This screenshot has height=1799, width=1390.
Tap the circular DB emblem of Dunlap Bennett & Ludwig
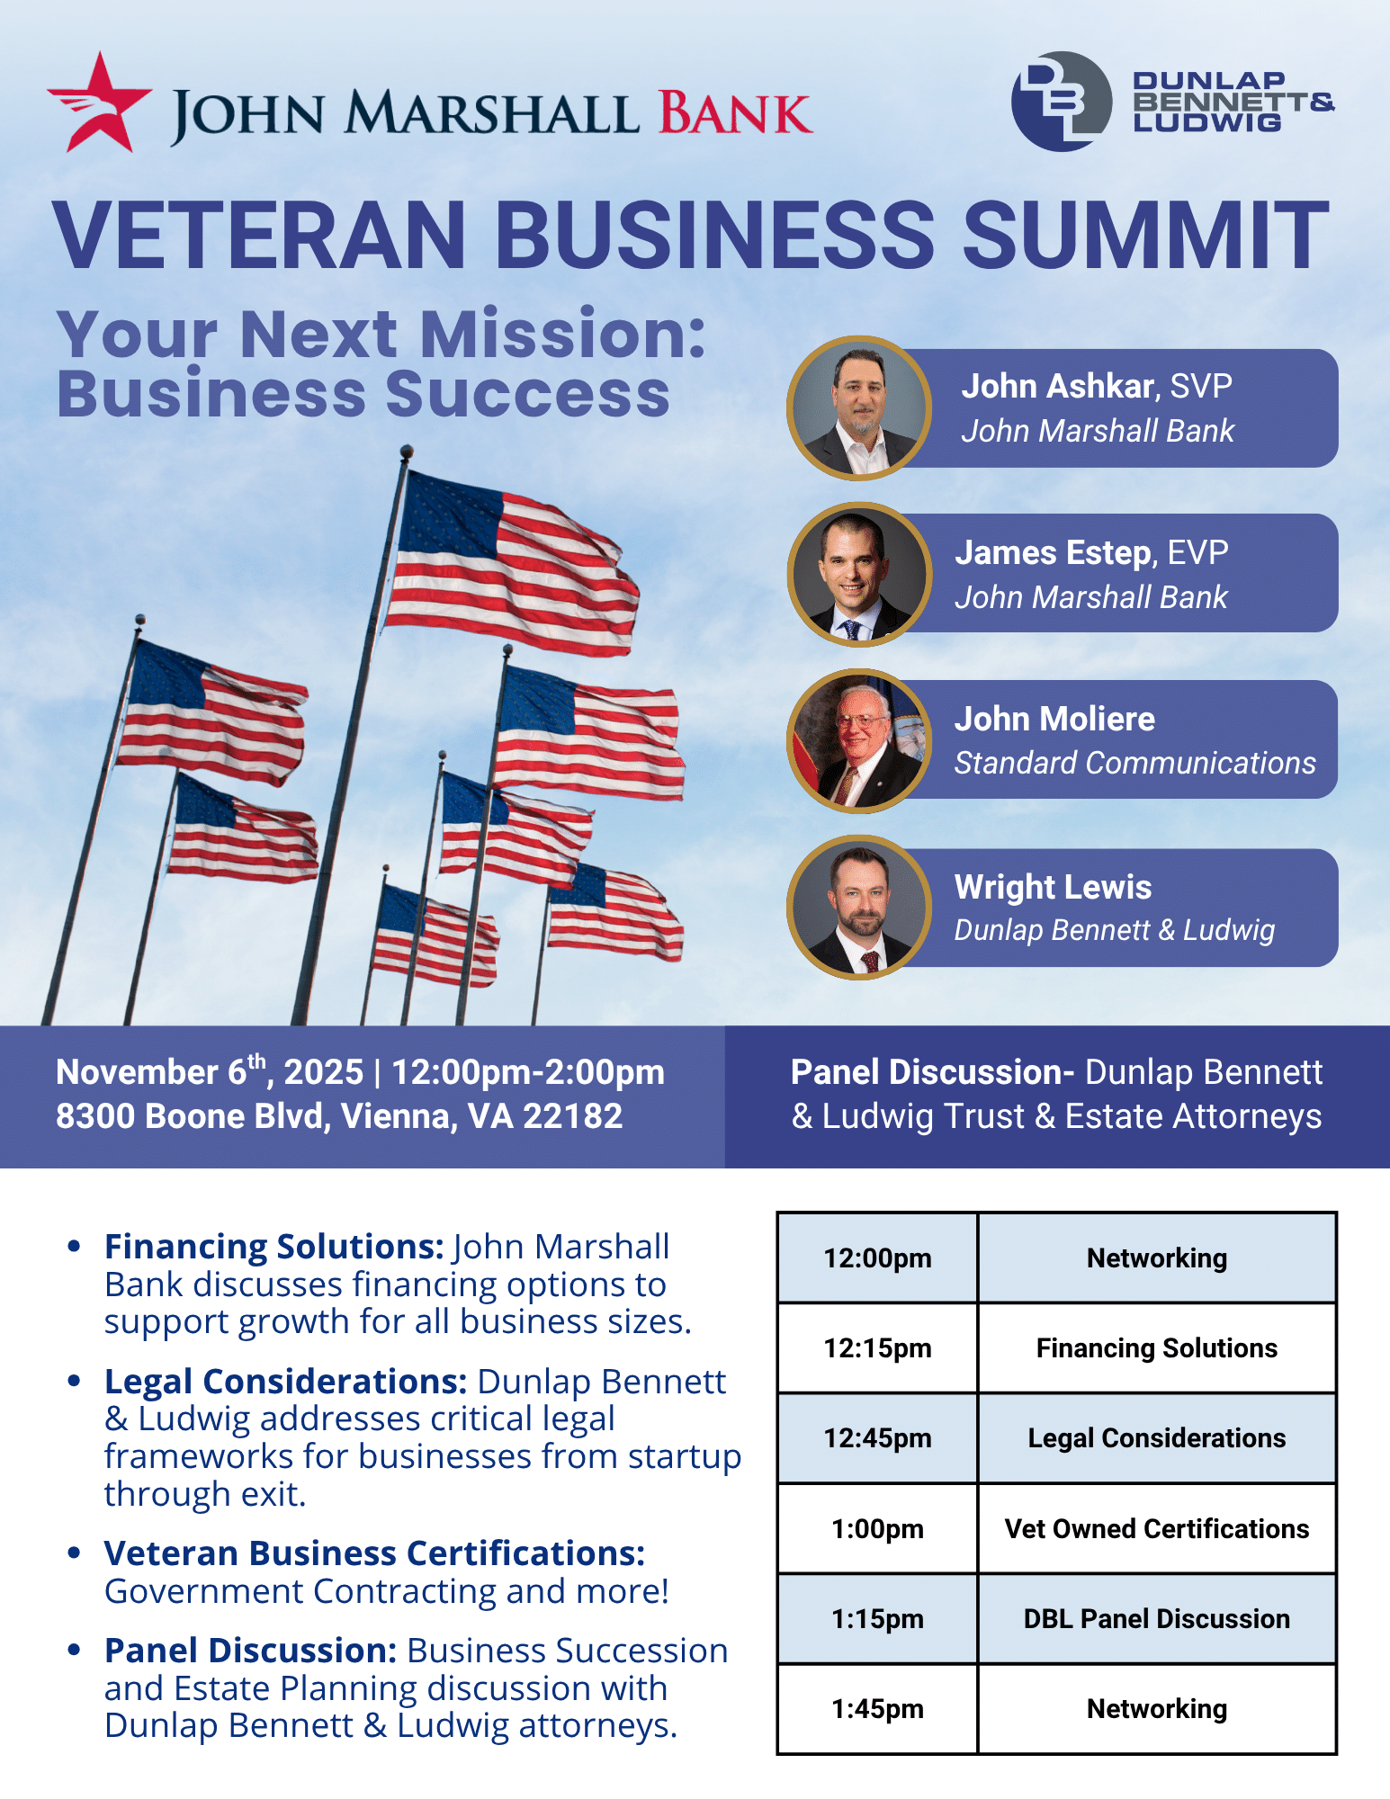1062,101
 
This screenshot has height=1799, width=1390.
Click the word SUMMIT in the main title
1144,235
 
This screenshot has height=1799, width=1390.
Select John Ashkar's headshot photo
859,407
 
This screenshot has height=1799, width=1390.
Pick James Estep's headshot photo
859,574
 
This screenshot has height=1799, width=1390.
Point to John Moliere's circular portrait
859,740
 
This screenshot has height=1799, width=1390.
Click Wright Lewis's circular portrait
859,907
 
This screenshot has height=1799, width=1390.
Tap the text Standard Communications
1135,763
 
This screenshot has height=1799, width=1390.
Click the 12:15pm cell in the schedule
877,1347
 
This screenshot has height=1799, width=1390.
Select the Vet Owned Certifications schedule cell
1157,1528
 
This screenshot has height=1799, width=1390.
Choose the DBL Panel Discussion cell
1157,1618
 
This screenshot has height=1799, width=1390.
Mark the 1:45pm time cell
877,1708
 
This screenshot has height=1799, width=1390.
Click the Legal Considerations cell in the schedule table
1157,1437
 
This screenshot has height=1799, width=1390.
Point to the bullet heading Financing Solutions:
274,1247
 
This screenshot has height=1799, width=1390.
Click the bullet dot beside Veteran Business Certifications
75,1553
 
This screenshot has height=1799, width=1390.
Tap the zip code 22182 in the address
572,1116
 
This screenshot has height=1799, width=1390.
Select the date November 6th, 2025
210,1070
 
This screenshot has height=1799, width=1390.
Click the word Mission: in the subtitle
563,334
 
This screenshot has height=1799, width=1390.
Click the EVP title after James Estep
1197,552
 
